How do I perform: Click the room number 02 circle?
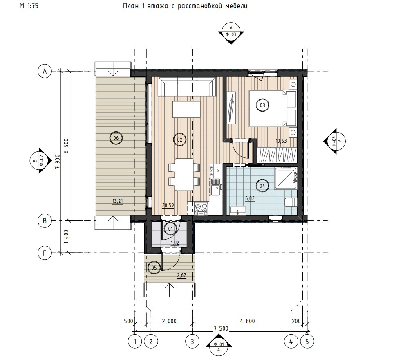180,139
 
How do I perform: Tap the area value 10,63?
281,141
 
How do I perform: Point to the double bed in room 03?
272,108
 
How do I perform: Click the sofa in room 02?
187,86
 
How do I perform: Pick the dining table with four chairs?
184,174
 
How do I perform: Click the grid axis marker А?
45,71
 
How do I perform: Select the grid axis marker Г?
45,252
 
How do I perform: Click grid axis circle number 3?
193,341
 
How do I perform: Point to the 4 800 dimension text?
247,321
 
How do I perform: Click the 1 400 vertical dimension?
66,237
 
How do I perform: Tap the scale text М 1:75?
29,6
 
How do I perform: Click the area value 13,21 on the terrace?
118,201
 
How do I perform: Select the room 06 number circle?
116,138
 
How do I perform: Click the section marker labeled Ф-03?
231,33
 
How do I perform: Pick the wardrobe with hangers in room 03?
277,155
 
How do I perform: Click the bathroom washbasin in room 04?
238,210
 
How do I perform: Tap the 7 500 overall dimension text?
221,328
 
